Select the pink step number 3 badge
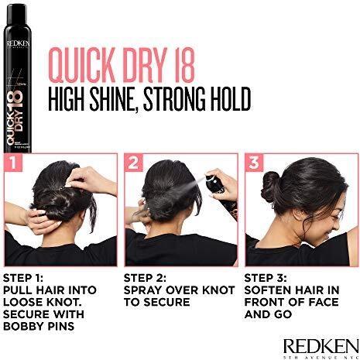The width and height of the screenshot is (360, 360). pos(253,163)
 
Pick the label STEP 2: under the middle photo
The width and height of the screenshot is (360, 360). pos(146,276)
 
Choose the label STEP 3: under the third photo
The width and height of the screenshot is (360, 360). pos(267,276)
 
